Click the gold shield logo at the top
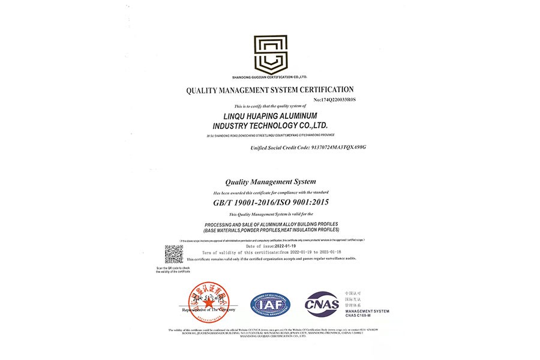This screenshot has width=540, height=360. tap(270, 53)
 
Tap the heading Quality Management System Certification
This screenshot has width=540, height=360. tap(270, 89)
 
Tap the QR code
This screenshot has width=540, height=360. tap(174, 254)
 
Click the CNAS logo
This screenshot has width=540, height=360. tap(322, 304)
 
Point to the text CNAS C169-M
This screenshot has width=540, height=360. tap(358, 316)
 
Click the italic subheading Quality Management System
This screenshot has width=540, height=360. tap(270, 181)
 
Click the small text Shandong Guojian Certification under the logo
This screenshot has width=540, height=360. tap(270, 77)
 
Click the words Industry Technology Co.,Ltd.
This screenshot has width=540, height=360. tap(270, 125)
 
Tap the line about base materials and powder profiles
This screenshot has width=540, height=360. tap(271, 230)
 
